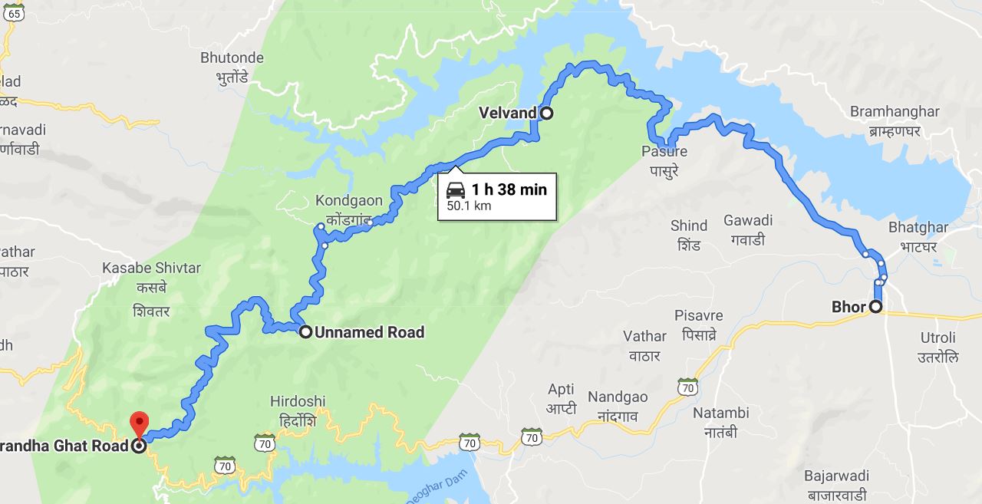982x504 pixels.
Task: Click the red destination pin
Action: [x=139, y=423]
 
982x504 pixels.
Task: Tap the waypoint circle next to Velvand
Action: [x=546, y=114]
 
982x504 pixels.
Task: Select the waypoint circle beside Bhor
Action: [x=875, y=307]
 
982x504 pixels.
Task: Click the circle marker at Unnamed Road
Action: [x=305, y=332]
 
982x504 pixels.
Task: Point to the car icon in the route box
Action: [x=456, y=190]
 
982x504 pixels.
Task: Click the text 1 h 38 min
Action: [x=509, y=189]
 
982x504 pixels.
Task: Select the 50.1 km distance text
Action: [x=469, y=206]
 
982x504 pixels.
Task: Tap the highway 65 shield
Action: [x=13, y=13]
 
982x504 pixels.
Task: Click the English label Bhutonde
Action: [x=232, y=58]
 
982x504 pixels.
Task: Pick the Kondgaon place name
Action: [x=348, y=201]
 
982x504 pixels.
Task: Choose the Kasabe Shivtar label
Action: [x=151, y=268]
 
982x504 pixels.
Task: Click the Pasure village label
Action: [x=664, y=151]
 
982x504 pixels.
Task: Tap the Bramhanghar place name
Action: [x=894, y=112]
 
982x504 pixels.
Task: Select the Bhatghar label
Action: [x=918, y=227]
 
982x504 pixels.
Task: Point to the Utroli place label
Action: [x=938, y=338]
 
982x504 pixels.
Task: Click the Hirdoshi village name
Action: [x=298, y=401]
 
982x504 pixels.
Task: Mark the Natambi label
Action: [x=720, y=413]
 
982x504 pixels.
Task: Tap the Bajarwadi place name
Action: [x=836, y=476]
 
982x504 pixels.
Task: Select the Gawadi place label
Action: [x=748, y=221]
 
